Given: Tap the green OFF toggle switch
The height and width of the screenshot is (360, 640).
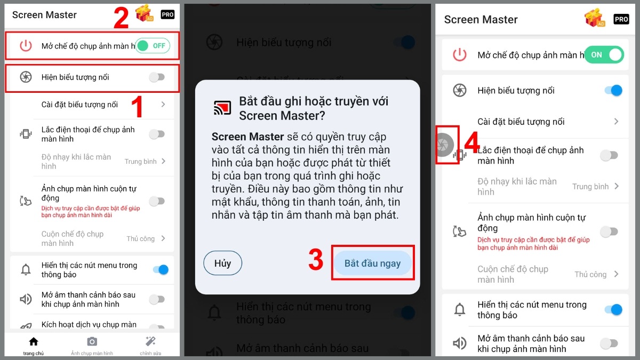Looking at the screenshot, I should point(153,46).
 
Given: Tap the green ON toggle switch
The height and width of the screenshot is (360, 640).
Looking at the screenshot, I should point(604,54).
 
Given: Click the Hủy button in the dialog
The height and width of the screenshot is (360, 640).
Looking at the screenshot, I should point(222,263).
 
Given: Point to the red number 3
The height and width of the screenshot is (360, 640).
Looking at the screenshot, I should point(316,260).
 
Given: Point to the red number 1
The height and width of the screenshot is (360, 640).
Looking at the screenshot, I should point(137,107).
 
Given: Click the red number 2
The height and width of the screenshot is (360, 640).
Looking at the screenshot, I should point(121,18).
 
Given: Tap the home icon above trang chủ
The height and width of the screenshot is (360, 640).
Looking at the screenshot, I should point(34,341).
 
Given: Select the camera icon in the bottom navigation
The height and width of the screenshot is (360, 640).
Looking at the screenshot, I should point(92,341).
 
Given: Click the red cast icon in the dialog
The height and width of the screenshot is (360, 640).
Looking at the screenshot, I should point(222,107).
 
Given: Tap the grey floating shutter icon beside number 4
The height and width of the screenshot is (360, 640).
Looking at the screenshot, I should point(444,144).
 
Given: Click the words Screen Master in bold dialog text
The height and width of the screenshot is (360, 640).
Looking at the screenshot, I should point(240,137).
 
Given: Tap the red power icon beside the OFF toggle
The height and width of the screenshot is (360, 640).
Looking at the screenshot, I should point(26,46).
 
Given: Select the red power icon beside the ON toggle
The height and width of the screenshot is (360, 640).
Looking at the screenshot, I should point(459,54).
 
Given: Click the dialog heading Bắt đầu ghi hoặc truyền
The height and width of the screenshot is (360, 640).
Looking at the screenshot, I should point(314,102).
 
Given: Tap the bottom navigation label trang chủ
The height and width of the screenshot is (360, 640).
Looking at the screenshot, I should point(34,353).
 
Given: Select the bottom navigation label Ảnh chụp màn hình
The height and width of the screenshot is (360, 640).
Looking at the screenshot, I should point(92,353).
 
